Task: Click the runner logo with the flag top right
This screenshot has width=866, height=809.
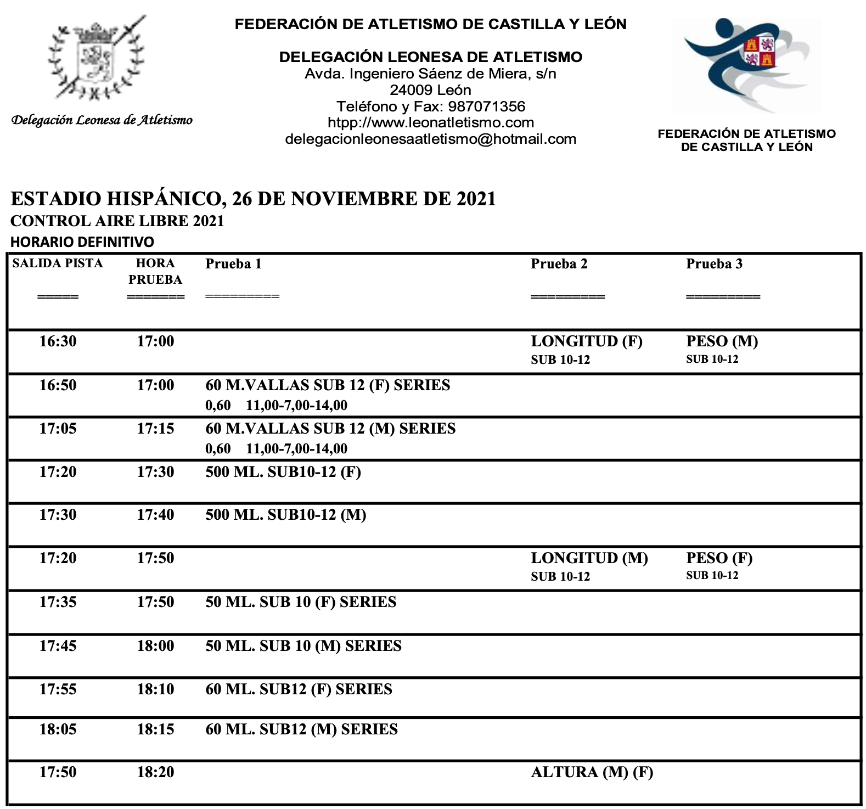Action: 746,65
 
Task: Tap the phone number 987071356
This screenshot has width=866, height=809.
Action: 487,106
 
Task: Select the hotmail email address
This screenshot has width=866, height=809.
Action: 430,139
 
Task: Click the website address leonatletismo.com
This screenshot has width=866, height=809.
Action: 431,123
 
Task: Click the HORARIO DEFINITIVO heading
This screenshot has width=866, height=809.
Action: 82,242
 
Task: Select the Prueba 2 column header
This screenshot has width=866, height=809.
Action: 559,264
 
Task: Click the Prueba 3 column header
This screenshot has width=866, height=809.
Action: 714,264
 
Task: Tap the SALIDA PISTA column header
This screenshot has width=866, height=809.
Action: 58,263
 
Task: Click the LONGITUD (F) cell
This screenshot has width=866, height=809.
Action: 586,341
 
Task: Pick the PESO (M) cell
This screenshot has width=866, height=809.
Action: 722,341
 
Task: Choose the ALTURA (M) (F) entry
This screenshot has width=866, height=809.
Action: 592,773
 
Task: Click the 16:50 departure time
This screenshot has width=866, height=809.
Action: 58,385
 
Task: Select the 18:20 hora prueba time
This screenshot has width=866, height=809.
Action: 155,772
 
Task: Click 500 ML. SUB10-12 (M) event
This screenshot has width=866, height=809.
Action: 285,515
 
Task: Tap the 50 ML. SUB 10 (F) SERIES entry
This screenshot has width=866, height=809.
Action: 301,602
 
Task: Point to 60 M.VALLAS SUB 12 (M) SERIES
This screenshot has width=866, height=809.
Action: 330,429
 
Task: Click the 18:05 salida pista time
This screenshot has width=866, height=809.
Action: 58,729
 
